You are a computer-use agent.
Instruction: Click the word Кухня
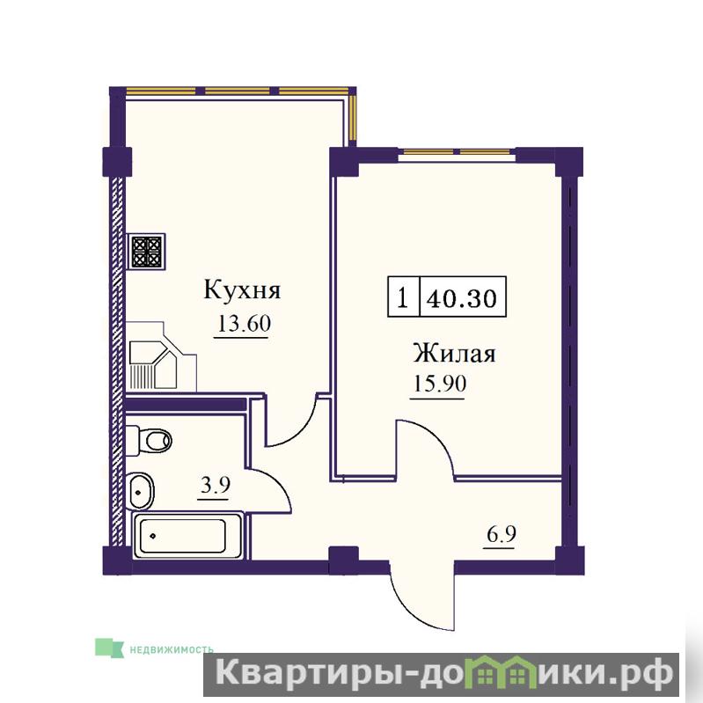click(242, 290)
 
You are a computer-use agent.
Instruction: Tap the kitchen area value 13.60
click(244, 323)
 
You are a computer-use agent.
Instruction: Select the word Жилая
click(454, 354)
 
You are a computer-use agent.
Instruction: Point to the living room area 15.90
click(439, 384)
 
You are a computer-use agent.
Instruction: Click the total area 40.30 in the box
click(462, 297)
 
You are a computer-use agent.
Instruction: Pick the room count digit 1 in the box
click(403, 297)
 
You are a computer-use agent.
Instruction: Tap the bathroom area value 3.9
click(216, 485)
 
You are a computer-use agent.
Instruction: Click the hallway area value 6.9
click(502, 534)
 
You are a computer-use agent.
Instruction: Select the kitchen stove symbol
click(146, 252)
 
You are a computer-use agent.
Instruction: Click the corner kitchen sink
click(160, 356)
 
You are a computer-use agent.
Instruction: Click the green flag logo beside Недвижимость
click(109, 648)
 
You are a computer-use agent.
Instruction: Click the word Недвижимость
click(172, 649)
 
